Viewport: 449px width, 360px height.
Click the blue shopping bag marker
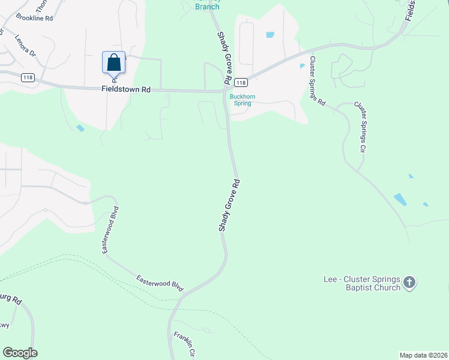[x=114, y=63]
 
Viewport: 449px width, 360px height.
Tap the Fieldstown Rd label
[x=126, y=89]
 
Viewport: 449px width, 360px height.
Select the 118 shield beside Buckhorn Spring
[x=241, y=82]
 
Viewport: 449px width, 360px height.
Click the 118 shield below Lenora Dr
[x=27, y=77]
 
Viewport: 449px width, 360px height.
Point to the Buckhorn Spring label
[x=240, y=99]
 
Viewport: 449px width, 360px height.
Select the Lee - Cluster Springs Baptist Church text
[x=362, y=284]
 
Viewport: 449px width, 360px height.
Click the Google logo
[x=20, y=353]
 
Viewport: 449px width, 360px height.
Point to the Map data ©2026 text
[x=423, y=355]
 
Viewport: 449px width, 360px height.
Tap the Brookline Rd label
[x=35, y=18]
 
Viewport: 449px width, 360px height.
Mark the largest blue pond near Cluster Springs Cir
[x=400, y=199]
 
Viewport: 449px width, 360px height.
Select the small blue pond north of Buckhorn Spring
[x=270, y=35]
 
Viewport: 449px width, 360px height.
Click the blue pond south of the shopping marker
[x=80, y=128]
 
